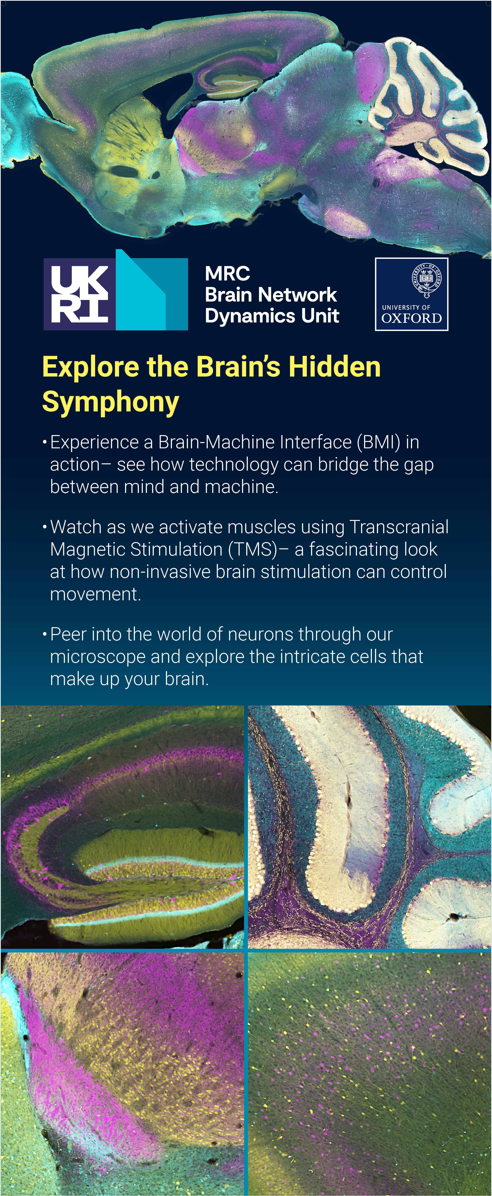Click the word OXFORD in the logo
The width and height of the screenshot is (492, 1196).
411,318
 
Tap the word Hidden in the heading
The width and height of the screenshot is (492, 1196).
334,367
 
